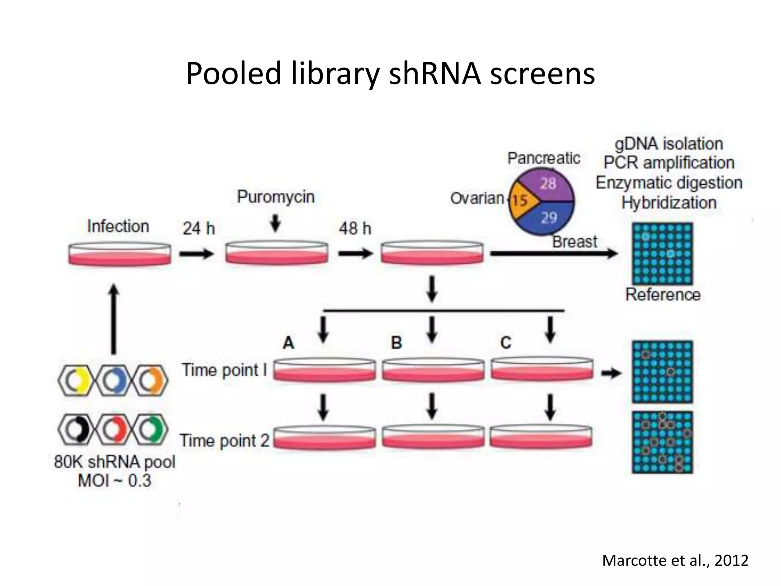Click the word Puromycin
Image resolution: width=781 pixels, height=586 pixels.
click(x=276, y=197)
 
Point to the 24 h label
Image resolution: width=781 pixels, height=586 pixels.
click(x=199, y=229)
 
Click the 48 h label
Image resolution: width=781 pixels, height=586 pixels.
click(x=355, y=229)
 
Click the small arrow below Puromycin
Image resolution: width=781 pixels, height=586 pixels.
click(x=275, y=223)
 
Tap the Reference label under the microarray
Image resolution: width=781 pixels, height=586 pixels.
click(x=663, y=295)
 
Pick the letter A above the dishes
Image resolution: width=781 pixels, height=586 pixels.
click(x=288, y=343)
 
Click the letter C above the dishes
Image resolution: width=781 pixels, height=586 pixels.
click(x=506, y=343)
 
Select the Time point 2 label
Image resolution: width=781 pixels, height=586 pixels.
click(x=225, y=441)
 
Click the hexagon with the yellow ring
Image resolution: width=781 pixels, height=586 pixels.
click(x=76, y=380)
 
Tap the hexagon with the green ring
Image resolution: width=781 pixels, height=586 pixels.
click(x=151, y=430)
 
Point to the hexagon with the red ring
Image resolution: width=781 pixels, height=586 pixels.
click(x=114, y=430)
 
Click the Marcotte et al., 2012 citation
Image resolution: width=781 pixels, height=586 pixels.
click(x=675, y=560)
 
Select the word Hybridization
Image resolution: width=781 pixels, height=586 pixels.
click(x=669, y=203)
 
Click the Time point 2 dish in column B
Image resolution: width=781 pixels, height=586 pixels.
click(x=433, y=437)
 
